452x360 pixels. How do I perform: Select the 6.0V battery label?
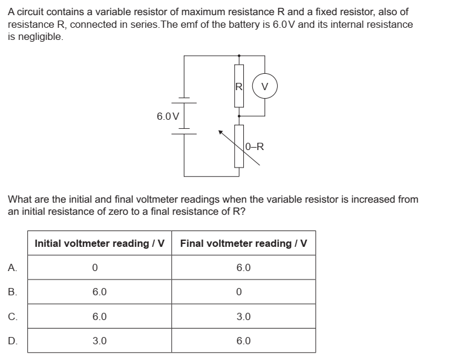click(x=167, y=116)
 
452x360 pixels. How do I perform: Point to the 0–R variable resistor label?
click(x=255, y=146)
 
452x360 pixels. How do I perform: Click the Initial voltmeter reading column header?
click(x=100, y=243)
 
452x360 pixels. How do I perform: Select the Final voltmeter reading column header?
click(x=243, y=243)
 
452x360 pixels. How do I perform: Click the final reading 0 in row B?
click(x=240, y=292)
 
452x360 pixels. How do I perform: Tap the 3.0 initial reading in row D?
click(x=100, y=341)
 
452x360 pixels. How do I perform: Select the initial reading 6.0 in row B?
click(x=100, y=292)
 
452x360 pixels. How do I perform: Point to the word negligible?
click(x=39, y=37)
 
